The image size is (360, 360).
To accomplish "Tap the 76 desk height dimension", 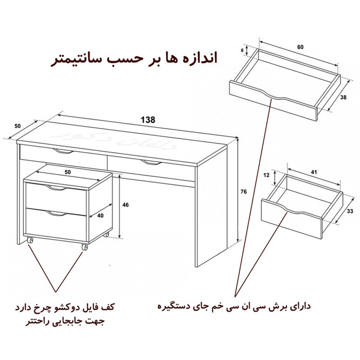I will click(243, 192).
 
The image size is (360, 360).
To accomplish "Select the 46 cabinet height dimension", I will click(126, 205).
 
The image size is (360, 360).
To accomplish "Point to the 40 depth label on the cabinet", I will click(99, 216).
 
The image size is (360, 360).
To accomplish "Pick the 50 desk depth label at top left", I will click(18, 126).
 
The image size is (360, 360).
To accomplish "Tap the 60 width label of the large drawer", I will click(300, 47).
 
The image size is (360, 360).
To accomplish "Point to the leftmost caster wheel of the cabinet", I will click(30, 240).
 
